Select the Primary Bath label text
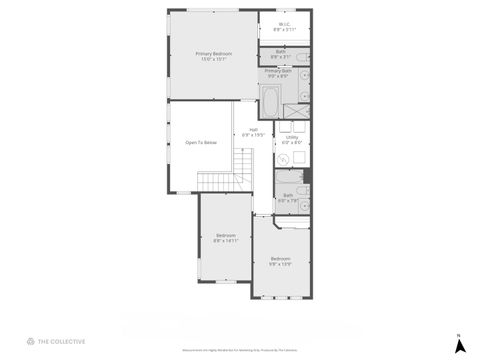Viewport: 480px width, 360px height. (279, 73)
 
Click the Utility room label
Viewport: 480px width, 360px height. (292, 140)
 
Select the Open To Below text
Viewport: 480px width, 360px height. (201, 143)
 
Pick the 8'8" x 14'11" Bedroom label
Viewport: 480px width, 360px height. (225, 238)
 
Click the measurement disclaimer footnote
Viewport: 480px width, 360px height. (240, 350)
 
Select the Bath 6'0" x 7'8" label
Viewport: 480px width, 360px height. (288, 198)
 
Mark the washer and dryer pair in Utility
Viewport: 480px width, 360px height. (292, 126)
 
